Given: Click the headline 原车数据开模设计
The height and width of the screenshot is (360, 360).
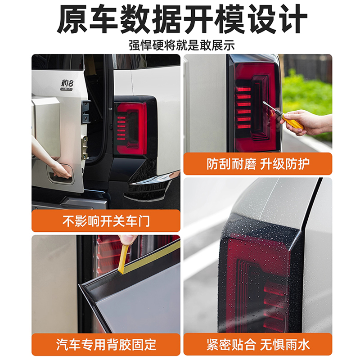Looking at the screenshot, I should pyautogui.click(x=180, y=20).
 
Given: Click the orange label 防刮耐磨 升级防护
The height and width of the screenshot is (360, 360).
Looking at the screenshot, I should pyautogui.click(x=258, y=164).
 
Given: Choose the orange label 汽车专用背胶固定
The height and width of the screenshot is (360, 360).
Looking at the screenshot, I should pyautogui.click(x=106, y=345).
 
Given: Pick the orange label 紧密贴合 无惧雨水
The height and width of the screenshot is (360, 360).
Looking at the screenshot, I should pyautogui.click(x=258, y=345).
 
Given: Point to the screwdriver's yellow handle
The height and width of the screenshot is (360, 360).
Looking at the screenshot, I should pyautogui.click(x=292, y=122).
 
